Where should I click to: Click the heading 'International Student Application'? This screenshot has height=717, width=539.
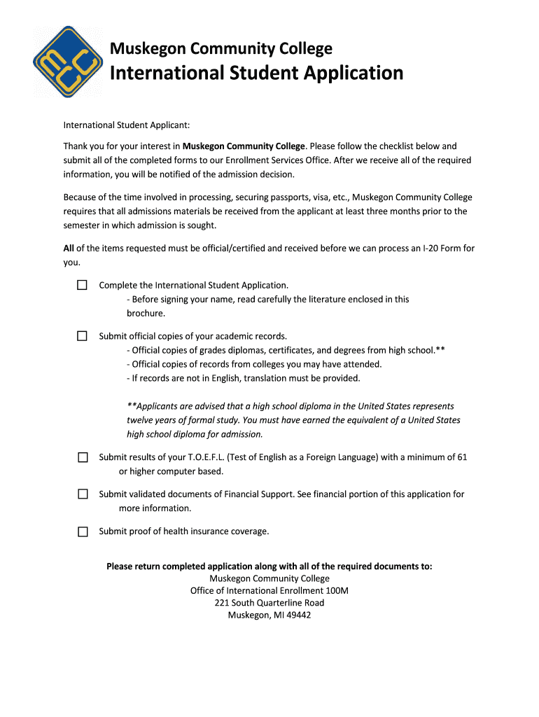[x=257, y=73]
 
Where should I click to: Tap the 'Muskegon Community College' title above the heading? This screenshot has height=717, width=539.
[x=221, y=48]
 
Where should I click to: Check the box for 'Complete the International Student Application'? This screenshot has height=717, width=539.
[x=83, y=285]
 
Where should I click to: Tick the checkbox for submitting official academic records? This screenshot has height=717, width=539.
[x=83, y=336]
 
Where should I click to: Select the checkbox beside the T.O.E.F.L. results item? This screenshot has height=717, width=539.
[x=83, y=457]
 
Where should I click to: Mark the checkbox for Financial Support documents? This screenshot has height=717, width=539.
[x=83, y=494]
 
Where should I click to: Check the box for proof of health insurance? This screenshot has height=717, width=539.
[x=83, y=531]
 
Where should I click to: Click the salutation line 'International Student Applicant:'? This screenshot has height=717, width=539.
[x=127, y=125]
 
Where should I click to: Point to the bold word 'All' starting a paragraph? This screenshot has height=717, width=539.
[x=69, y=249]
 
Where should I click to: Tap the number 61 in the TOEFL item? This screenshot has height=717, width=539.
[x=461, y=457]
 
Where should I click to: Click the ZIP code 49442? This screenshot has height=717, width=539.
[x=297, y=615]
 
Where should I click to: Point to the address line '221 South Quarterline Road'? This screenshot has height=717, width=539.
[x=269, y=603]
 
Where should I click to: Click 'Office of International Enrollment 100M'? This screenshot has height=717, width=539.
[x=269, y=591]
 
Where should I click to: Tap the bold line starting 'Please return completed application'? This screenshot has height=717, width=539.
[x=269, y=566]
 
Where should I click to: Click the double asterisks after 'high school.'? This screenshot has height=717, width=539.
[x=440, y=350]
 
